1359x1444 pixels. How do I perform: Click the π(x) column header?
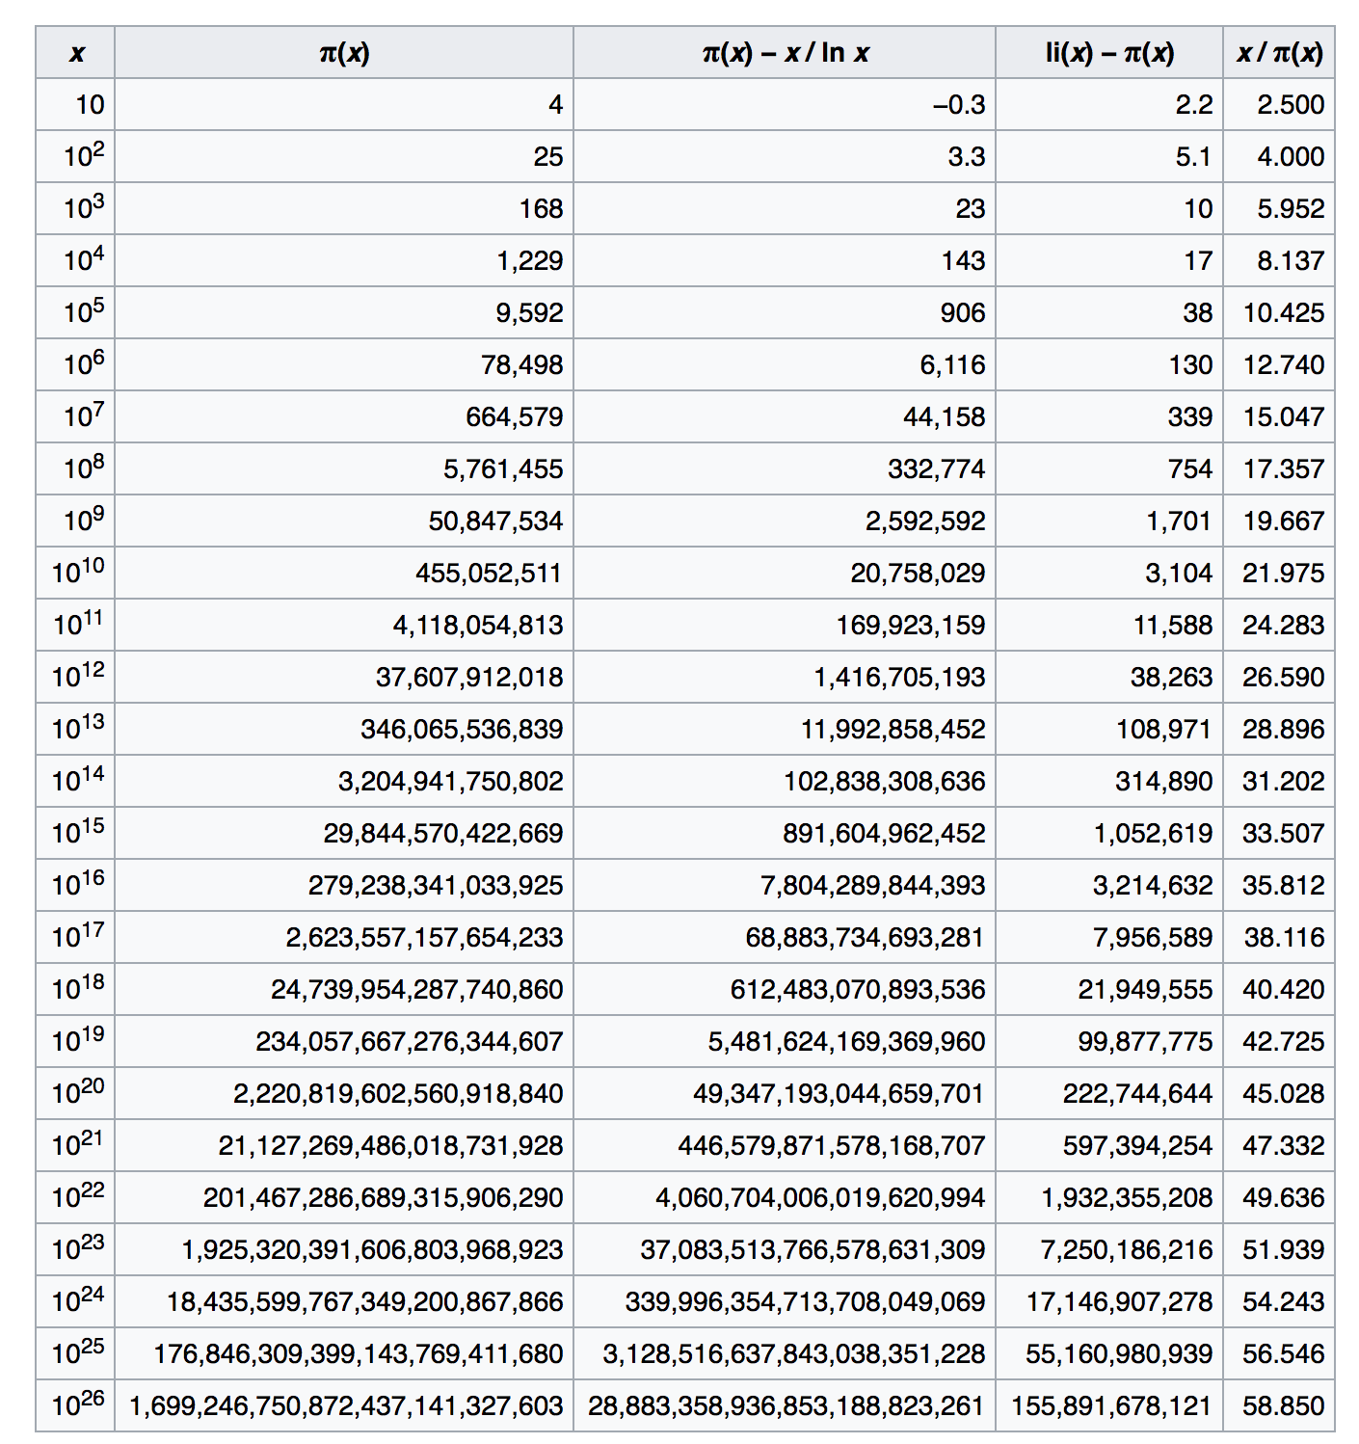pyautogui.click(x=344, y=52)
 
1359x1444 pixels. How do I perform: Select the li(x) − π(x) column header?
pyautogui.click(x=1109, y=52)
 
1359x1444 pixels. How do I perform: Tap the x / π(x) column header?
pyautogui.click(x=1279, y=52)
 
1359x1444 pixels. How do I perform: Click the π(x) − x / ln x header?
pyautogui.click(x=785, y=52)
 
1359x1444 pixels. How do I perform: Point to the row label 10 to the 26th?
pyautogui.click(x=77, y=1404)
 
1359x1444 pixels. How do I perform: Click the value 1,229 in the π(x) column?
pyautogui.click(x=529, y=260)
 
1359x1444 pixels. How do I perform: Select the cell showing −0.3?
pyautogui.click(x=958, y=104)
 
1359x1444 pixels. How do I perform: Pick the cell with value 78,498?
pyautogui.click(x=521, y=364)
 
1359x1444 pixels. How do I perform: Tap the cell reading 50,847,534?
pyautogui.click(x=495, y=521)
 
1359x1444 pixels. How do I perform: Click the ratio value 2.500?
pyautogui.click(x=1290, y=104)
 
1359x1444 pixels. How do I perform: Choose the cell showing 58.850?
pyautogui.click(x=1283, y=1405)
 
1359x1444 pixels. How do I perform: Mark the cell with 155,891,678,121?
pyautogui.click(x=1110, y=1405)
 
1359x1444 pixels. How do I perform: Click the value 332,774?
pyautogui.click(x=936, y=468)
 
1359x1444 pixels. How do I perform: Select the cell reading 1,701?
pyautogui.click(x=1178, y=521)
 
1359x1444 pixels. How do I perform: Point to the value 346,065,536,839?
pyautogui.click(x=462, y=729)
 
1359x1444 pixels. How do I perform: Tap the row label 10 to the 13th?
pyautogui.click(x=77, y=728)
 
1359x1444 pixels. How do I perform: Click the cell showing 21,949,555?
pyautogui.click(x=1145, y=989)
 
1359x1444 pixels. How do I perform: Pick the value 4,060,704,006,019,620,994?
pyautogui.click(x=820, y=1197)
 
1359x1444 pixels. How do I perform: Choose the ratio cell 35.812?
pyautogui.click(x=1283, y=885)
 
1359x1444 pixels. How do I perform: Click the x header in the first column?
pyautogui.click(x=76, y=52)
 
